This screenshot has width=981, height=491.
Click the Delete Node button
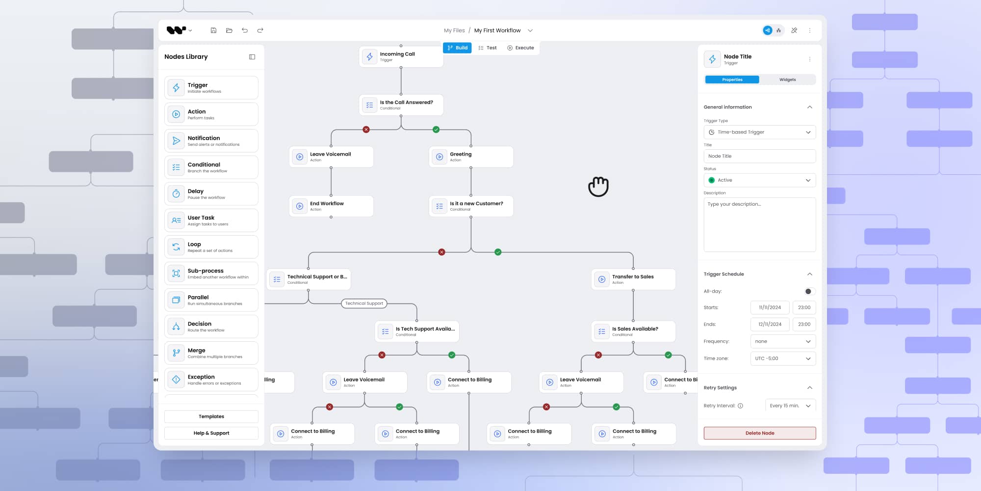(x=759, y=433)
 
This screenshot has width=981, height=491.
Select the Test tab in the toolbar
(x=488, y=48)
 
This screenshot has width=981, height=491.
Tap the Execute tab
(x=520, y=48)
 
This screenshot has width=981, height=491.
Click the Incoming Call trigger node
(x=401, y=56)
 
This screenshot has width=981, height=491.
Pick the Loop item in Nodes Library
(x=211, y=247)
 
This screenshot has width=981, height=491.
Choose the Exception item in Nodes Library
(x=211, y=380)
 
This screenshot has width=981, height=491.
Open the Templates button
(x=211, y=416)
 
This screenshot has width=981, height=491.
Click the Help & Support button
(x=211, y=433)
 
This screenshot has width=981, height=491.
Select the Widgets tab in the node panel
(x=787, y=80)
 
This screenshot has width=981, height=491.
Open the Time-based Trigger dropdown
(x=759, y=132)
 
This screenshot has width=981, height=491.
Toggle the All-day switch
(x=809, y=291)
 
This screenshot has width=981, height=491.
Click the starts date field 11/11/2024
(x=770, y=307)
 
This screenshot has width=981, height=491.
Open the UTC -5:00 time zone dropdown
(x=783, y=358)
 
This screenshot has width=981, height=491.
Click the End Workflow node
(x=331, y=206)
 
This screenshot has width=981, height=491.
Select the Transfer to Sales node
(x=633, y=279)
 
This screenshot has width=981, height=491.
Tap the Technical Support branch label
(x=364, y=303)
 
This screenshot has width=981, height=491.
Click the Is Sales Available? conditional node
(x=633, y=331)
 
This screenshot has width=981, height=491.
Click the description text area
(x=759, y=224)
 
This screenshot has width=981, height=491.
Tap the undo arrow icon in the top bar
(x=245, y=30)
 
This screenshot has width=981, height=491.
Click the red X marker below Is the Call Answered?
(x=366, y=130)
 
